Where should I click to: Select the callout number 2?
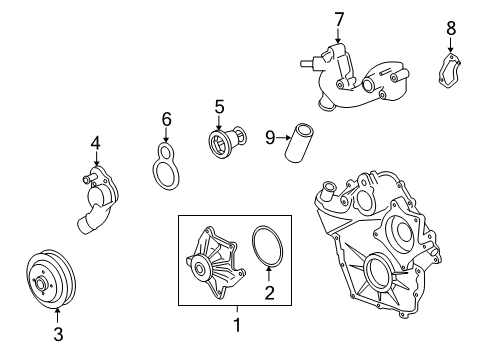coord(268,292)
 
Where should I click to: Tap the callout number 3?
coord(57,334)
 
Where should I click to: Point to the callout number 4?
coord(96,143)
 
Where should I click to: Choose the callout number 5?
coord(219,104)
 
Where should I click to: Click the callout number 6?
coord(167,121)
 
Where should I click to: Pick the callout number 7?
coord(339,19)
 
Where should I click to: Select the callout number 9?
coord(270,135)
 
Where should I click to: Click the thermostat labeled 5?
coord(220,142)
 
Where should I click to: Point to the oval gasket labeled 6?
coord(166,167)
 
